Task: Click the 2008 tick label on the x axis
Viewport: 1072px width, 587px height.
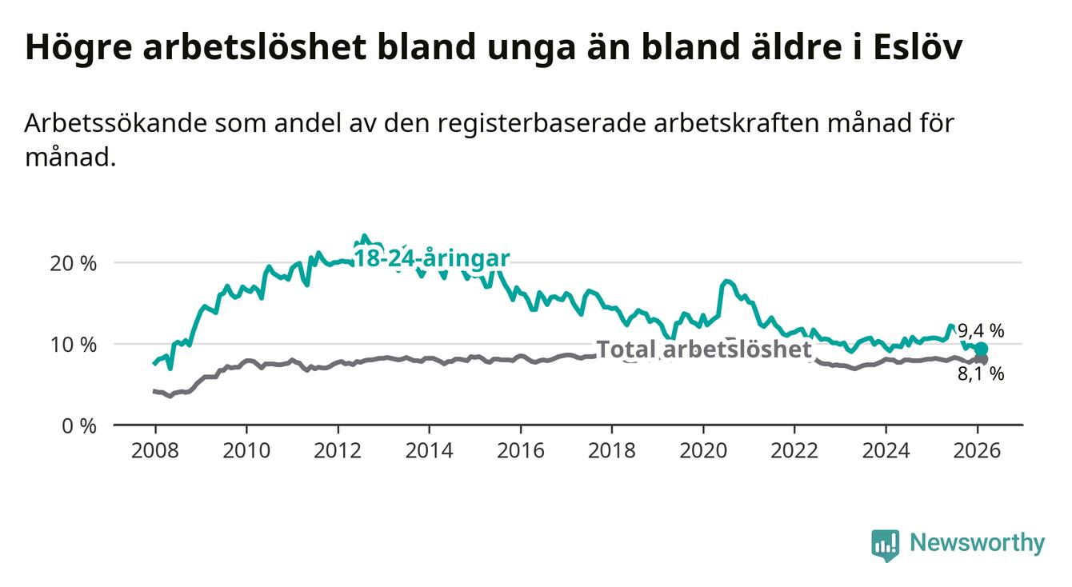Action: coord(154,450)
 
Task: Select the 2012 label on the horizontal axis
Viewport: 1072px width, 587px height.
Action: coord(338,450)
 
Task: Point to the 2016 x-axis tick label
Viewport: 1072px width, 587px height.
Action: coord(521,450)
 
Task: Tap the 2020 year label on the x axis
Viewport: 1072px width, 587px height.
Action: coord(703,450)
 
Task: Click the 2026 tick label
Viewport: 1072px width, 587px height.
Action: coord(978,450)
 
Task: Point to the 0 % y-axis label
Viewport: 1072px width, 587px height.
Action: coord(78,425)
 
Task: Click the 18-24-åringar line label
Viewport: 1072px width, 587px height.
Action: coord(431,258)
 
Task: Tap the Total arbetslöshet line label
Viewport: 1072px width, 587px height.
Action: coord(704,349)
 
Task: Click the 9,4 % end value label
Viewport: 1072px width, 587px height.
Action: coord(981,329)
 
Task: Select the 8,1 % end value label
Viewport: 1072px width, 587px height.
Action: coord(981,373)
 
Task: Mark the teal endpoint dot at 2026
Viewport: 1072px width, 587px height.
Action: coord(981,349)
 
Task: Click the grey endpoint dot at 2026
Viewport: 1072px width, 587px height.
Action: coord(981,360)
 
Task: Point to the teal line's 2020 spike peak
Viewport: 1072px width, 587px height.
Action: coord(726,281)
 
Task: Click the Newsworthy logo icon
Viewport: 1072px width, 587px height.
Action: coord(885,545)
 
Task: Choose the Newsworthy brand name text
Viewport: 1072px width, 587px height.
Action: coord(977,544)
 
